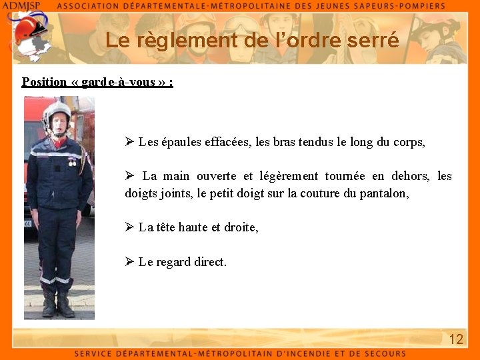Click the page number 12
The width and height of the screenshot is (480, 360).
coord(456,339)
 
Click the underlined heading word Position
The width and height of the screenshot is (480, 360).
coord(44,82)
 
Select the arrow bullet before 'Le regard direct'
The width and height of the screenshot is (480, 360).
coord(130,261)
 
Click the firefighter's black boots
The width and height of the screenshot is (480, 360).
coord(57,303)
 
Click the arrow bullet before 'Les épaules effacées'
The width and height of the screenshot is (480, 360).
coord(130,142)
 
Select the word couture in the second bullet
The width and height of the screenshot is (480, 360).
coord(295,193)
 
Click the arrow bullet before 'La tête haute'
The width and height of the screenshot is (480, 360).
coord(130,227)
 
